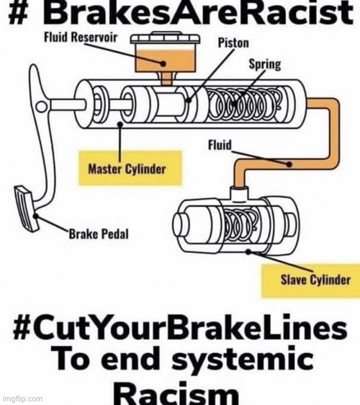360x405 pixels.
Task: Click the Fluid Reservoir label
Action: click(x=81, y=37)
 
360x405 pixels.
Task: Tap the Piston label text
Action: click(x=233, y=43)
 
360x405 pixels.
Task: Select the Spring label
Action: click(x=265, y=64)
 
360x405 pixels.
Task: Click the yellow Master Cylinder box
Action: click(x=130, y=168)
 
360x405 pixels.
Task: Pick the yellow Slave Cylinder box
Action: click(x=311, y=280)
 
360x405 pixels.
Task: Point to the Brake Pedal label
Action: click(x=99, y=234)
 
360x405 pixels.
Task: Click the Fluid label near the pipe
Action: click(x=220, y=145)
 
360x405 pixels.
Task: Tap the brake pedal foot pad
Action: click(x=26, y=208)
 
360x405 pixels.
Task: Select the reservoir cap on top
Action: click(x=166, y=39)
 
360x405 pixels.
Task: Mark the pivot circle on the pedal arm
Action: click(x=41, y=106)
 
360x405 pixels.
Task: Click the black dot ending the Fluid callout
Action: click(x=289, y=164)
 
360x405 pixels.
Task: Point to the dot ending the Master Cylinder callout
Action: click(x=120, y=125)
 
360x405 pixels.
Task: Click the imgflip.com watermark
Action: click(x=22, y=399)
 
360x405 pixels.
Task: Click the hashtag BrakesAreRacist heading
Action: click(x=181, y=12)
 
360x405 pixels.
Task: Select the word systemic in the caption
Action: click(x=243, y=360)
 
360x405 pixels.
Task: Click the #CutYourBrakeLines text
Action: click(x=180, y=329)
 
